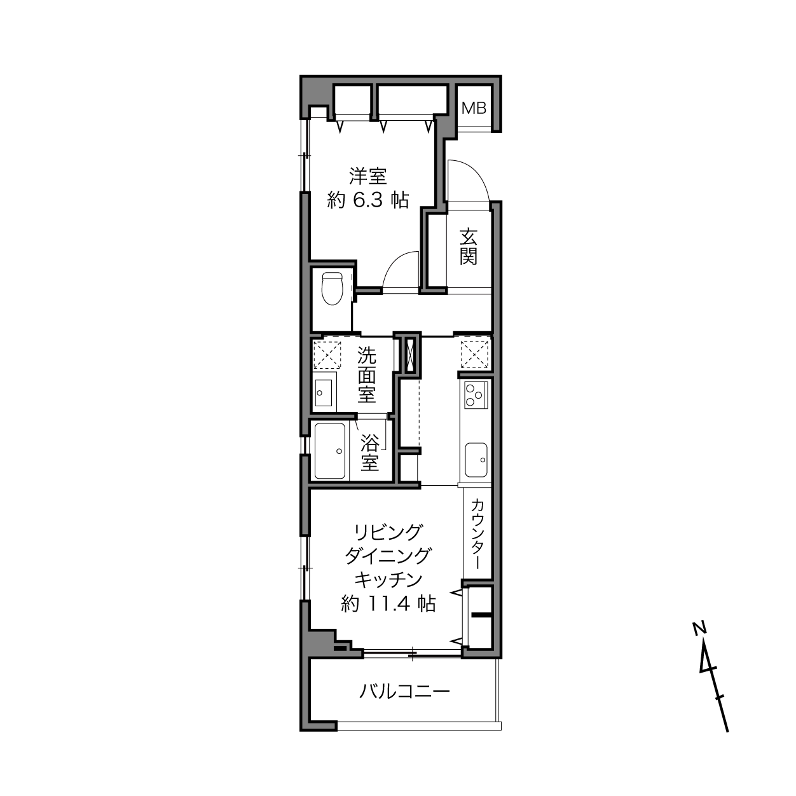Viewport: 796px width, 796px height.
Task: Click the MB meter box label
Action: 474,108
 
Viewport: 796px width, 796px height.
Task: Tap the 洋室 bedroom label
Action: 367,177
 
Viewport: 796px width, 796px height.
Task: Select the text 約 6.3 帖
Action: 367,200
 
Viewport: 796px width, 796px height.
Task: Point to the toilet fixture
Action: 332,288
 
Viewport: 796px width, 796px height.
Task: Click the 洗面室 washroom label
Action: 366,374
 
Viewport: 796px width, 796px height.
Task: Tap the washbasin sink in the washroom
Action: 324,393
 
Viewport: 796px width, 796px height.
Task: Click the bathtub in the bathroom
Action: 329,451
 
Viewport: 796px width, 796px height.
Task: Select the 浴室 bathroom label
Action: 369,453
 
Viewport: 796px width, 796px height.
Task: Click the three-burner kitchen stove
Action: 476,395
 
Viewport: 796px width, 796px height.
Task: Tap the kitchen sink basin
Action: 476,460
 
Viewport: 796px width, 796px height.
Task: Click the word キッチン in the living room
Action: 388,580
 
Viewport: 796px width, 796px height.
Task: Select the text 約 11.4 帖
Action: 388,605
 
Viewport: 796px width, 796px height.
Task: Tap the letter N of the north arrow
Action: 699,629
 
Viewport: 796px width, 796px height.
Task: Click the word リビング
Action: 388,532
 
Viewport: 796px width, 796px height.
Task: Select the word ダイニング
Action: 388,556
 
